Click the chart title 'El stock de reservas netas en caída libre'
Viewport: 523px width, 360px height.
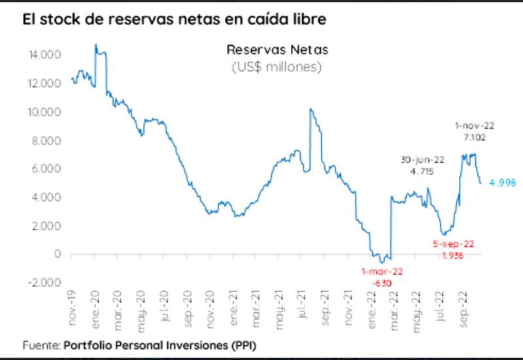(174, 20)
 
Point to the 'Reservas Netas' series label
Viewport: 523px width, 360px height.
(277, 50)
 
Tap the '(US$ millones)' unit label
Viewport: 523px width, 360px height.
(277, 67)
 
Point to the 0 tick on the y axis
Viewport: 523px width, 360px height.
(58, 254)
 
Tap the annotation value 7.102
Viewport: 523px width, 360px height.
(471, 138)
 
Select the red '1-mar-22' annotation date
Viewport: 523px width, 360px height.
(382, 271)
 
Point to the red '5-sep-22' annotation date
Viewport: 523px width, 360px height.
(454, 244)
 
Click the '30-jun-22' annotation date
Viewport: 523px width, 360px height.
(422, 159)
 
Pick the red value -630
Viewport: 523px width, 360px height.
(382, 283)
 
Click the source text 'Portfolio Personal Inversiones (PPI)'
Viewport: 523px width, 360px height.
(165, 344)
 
